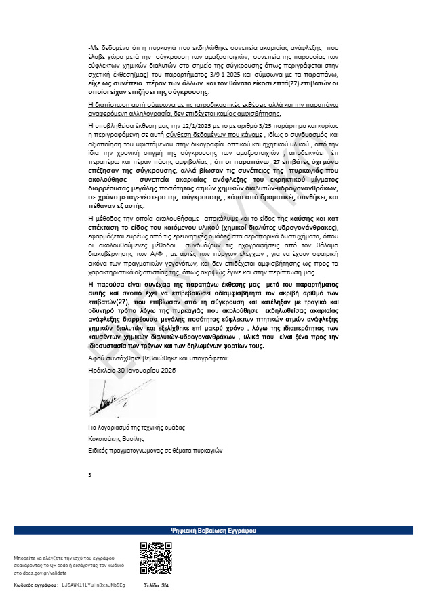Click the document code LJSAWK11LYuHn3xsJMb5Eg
point(94,584)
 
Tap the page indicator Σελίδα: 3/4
point(155,584)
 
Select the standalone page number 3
point(89,474)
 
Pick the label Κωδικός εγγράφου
point(36,584)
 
